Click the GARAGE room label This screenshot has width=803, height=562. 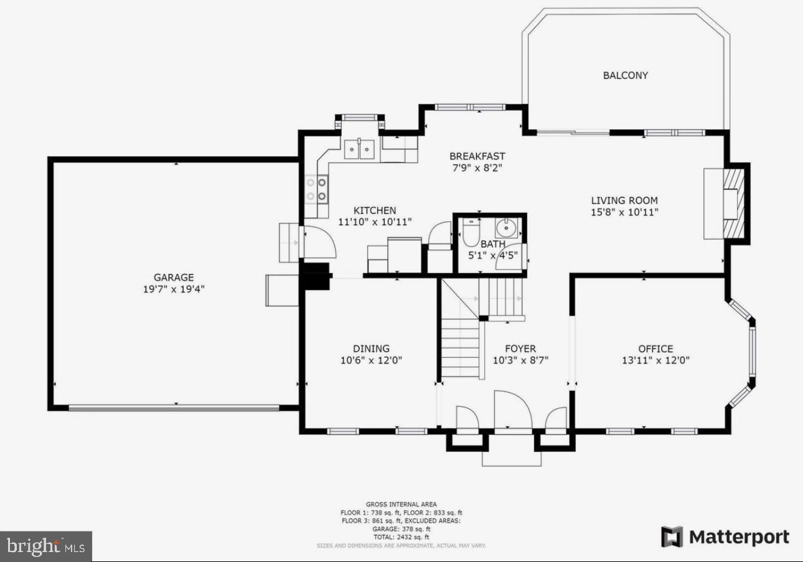tap(174, 278)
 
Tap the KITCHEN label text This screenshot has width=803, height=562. tap(375, 210)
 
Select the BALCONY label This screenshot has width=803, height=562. tap(625, 75)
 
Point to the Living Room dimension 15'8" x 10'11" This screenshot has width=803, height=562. tap(624, 212)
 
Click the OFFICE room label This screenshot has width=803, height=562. tap(655, 349)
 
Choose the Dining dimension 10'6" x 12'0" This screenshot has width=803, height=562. tap(372, 360)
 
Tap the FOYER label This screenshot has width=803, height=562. tap(520, 349)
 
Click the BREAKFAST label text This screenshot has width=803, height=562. tap(477, 156)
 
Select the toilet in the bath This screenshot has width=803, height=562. tap(471, 233)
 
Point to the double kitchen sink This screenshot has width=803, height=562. tap(359, 149)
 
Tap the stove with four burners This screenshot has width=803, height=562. tap(316, 189)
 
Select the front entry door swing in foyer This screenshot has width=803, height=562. tap(512, 411)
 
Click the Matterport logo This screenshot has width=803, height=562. tap(725, 537)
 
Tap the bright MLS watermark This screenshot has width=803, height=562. tap(46, 546)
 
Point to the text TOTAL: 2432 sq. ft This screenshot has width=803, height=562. tap(401, 536)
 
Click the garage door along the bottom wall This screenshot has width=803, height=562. tap(174, 408)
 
